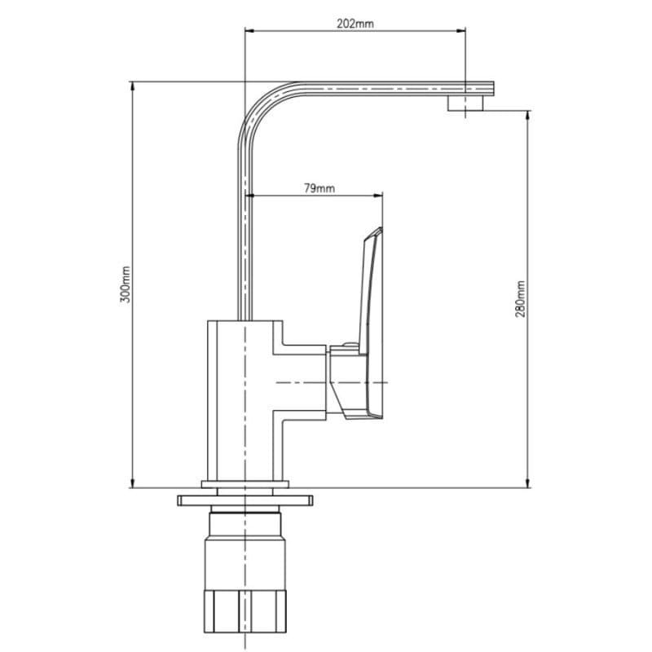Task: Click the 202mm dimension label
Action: [355, 24]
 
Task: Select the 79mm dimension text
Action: [319, 188]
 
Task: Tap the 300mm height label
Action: [126, 284]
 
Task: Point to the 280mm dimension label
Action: [520, 299]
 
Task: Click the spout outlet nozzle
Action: [466, 104]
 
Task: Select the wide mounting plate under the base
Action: [245, 500]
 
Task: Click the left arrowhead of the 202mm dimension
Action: [249, 30]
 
